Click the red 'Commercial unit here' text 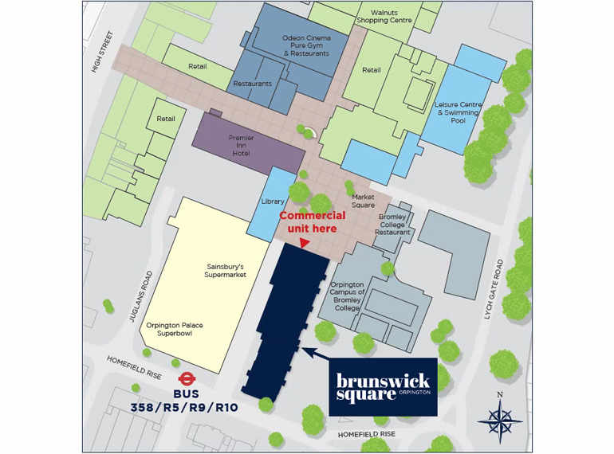click(312, 222)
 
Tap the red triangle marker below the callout click(303, 244)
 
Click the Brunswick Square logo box click(383, 386)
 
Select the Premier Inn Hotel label click(241, 146)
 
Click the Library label click(273, 202)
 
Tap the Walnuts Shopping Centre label click(390, 17)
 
